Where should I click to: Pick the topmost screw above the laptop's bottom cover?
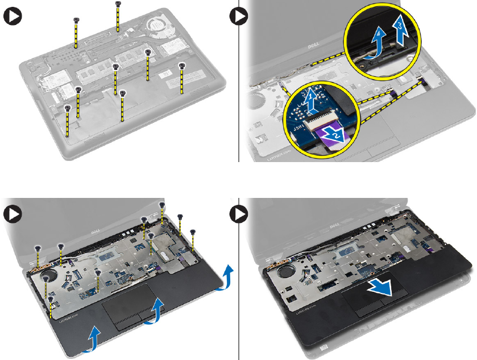pos(118,5)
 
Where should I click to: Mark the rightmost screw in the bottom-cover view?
pos(181,66)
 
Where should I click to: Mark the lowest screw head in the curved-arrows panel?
pos(51,298)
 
